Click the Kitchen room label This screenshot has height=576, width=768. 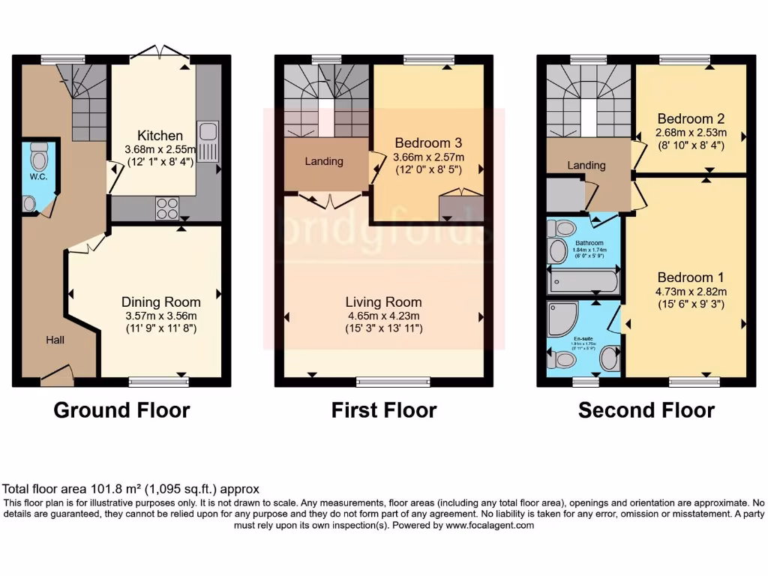[x=161, y=136]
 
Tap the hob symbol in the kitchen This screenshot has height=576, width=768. [x=167, y=208]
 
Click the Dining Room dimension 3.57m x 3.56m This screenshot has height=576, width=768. [x=160, y=316]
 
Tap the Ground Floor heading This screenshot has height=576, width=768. [x=121, y=410]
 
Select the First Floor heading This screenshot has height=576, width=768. [x=384, y=410]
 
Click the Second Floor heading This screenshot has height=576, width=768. [x=646, y=410]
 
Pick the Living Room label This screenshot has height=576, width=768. [x=383, y=301]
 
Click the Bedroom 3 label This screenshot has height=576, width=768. [x=428, y=142]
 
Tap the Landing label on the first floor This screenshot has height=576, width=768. [x=324, y=161]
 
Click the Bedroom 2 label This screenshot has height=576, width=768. [x=690, y=118]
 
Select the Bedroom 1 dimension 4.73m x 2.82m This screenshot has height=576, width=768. [x=690, y=291]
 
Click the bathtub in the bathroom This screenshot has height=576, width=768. [x=583, y=283]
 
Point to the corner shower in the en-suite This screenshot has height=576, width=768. [x=562, y=319]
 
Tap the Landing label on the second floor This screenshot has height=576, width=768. [x=586, y=165]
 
